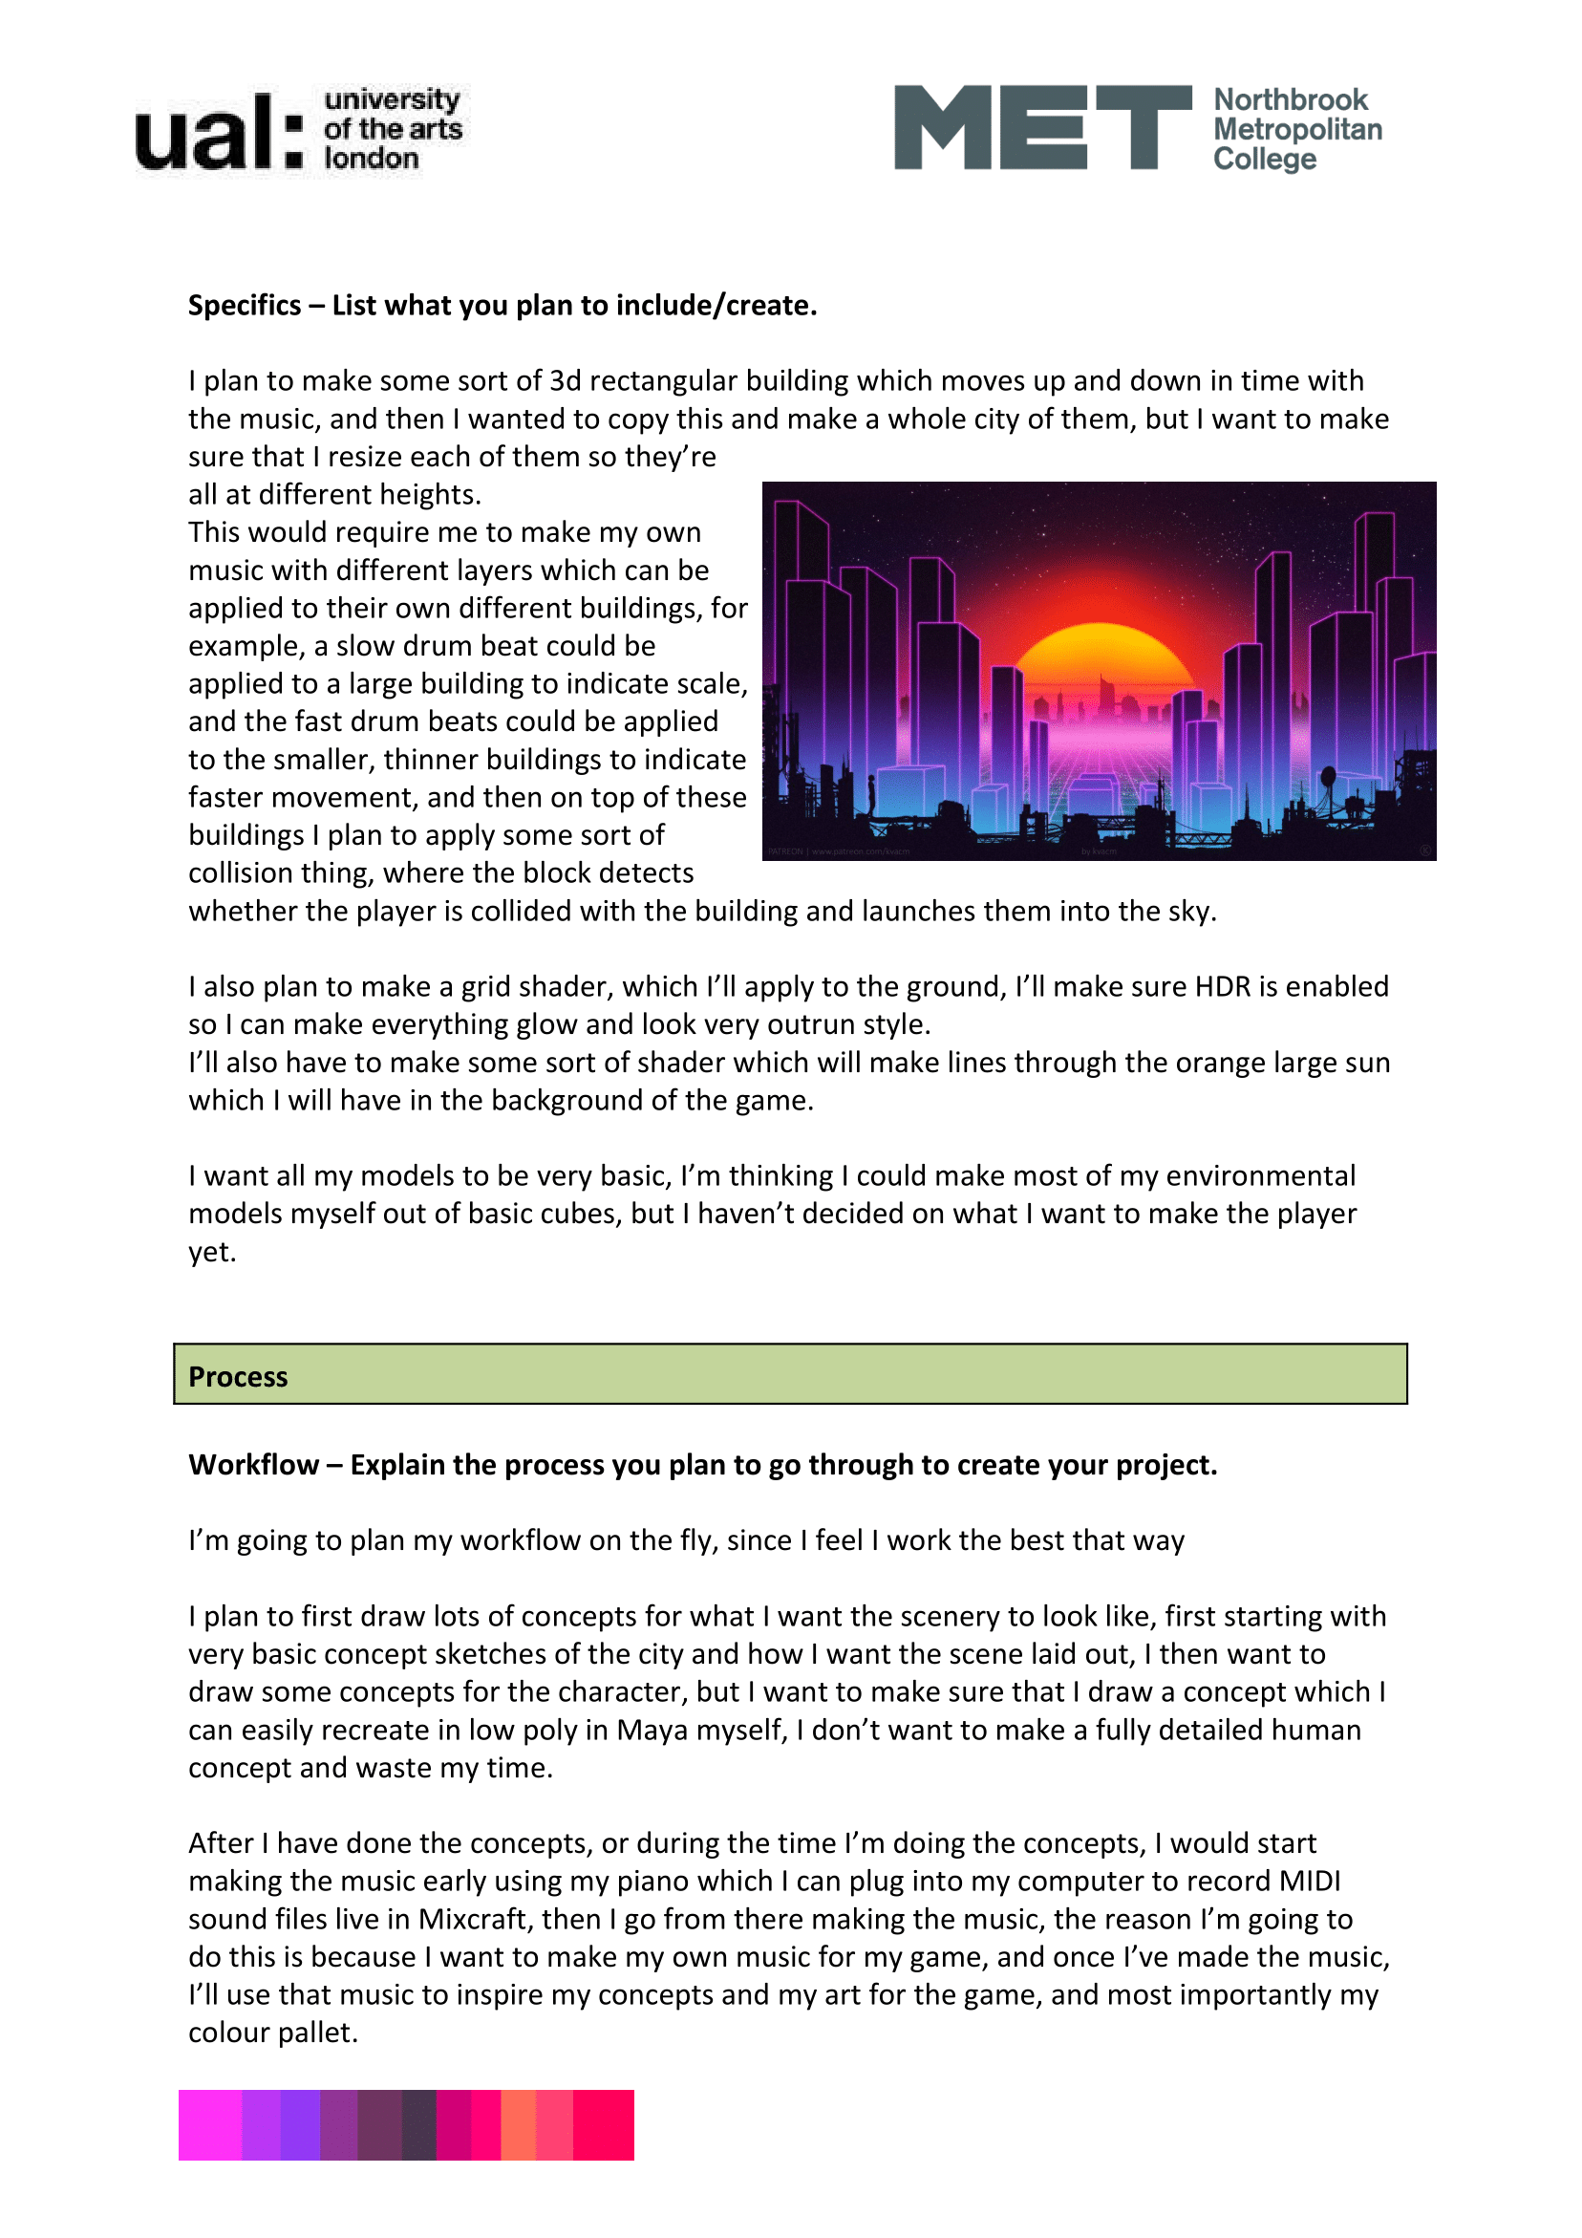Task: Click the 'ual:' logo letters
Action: point(219,133)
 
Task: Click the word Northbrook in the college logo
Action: point(1290,99)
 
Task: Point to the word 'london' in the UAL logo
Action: point(371,159)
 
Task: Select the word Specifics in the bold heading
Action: point(244,306)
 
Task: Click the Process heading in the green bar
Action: point(238,1377)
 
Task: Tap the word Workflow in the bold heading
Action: point(253,1465)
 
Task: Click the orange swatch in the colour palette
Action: point(518,2125)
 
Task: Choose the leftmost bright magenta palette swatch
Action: point(209,2125)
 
